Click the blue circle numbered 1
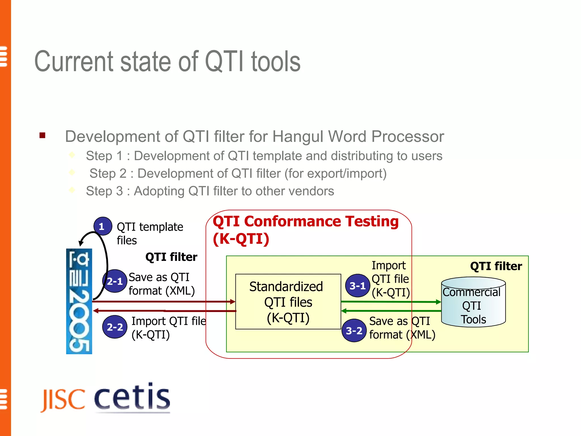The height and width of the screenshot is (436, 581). pos(103,226)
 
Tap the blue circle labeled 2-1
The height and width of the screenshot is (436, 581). pos(115,281)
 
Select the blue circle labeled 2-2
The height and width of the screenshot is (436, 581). pos(115,327)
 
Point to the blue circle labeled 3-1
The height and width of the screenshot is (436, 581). pos(357,286)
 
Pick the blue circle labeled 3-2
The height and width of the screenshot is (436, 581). pos(354,330)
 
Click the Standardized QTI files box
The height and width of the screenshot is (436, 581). pos(288,302)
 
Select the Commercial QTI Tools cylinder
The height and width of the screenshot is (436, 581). pos(473,302)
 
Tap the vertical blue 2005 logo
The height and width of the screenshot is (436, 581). pos(79,301)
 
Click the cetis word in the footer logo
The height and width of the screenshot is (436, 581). pos(132,397)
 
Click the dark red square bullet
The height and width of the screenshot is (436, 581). pos(43,135)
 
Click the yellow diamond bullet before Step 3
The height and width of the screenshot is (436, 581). pos(72,190)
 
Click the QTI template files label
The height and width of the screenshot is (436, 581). pos(150,233)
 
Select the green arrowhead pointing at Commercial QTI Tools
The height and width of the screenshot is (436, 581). pos(438,302)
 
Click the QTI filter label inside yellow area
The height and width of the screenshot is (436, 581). pos(496,266)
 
